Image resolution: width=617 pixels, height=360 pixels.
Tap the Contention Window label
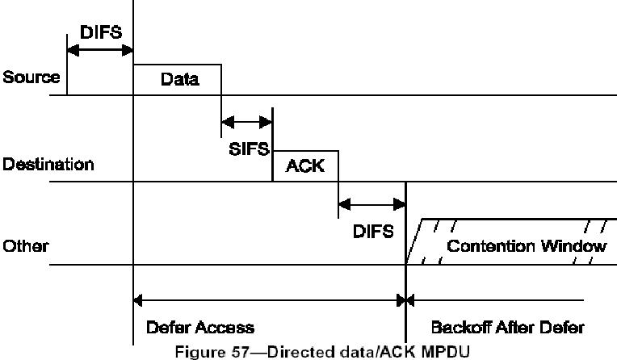point(526,246)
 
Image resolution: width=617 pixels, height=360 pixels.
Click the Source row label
point(31,78)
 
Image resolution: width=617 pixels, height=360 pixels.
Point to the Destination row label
point(48,165)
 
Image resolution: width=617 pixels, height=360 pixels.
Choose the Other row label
point(25,246)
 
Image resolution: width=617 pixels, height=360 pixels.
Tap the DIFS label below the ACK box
point(373,231)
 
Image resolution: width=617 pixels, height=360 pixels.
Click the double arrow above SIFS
point(247,123)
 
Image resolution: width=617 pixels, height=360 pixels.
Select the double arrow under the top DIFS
point(100,50)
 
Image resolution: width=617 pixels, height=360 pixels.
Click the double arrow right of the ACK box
point(371,203)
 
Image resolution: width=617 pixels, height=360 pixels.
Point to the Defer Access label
point(200,327)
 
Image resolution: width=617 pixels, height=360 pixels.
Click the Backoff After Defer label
point(507,327)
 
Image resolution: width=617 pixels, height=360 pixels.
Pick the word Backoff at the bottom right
point(458,327)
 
